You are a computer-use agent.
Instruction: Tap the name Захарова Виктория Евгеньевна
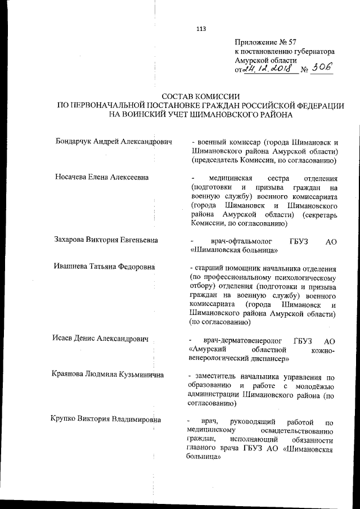point(106,240)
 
